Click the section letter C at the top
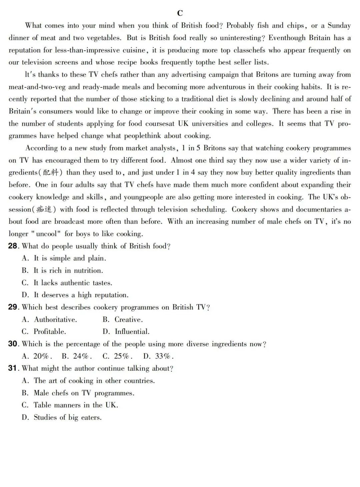click(180, 13)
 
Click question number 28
click(13, 246)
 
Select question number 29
click(13, 307)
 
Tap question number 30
click(13, 344)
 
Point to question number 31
click(13, 368)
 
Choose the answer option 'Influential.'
click(132, 332)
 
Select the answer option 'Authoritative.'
click(55, 320)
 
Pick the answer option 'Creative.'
click(128, 320)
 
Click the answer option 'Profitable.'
click(50, 332)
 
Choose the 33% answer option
click(164, 356)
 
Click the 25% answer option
click(122, 356)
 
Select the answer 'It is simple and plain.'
click(70, 258)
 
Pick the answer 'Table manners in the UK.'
click(76, 405)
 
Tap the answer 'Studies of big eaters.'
click(67, 417)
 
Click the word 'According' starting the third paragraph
click(41, 148)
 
